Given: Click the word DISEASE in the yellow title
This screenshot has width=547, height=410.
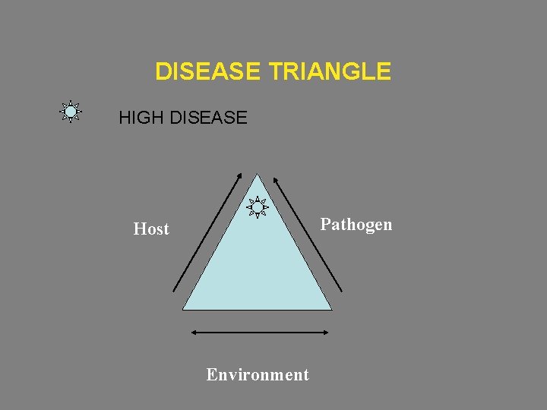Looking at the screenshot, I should pos(208,72).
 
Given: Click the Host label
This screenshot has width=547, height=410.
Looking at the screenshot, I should pos(151,229).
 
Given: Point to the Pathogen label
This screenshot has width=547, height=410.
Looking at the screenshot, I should pos(356,224).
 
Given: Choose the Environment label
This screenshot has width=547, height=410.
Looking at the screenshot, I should pos(258,374).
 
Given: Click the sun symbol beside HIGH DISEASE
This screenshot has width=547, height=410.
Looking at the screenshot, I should pos(71,112).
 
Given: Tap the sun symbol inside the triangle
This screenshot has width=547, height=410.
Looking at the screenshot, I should pos(258,207).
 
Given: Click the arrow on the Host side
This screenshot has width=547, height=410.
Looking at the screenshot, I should pos(207,232).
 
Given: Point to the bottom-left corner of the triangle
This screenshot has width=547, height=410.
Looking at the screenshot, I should pos(184,308).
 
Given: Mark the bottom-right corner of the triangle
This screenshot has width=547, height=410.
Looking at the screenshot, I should pos(331,308).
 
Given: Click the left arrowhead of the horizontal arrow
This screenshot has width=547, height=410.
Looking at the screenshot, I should pos(193,332).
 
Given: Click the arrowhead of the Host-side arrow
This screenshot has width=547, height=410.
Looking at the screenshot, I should pos(239,177).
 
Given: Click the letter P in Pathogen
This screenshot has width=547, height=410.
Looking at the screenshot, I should pos(325,224).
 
